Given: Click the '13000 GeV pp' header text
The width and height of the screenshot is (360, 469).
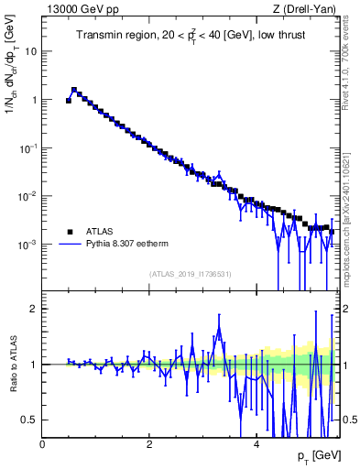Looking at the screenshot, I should (78, 8).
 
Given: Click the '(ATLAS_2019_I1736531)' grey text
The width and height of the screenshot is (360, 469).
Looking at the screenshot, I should (190, 274).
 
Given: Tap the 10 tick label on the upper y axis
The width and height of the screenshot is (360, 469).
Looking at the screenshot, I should (30, 51).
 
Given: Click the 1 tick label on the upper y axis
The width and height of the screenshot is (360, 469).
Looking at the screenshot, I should (33, 100).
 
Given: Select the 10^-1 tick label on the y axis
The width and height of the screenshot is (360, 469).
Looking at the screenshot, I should (28, 147).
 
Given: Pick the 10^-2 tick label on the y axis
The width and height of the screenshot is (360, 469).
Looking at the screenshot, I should (28, 196).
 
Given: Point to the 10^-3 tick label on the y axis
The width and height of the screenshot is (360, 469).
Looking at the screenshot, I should (28, 245).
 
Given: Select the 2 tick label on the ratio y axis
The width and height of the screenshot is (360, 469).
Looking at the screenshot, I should (34, 309).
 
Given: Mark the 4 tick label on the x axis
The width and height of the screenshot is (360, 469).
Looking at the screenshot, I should (256, 444).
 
